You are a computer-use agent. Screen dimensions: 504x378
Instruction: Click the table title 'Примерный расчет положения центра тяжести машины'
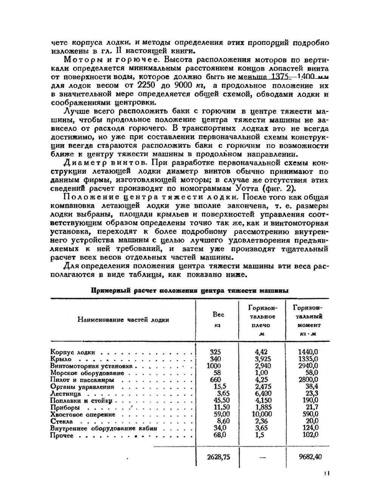pos(189,291)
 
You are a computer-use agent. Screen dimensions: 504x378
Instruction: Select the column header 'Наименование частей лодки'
pos(123,320)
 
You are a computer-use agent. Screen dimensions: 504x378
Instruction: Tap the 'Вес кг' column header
pos(218,319)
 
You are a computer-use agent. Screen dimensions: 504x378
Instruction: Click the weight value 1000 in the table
pos(214,366)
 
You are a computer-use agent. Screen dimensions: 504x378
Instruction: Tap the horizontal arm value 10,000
pos(263,414)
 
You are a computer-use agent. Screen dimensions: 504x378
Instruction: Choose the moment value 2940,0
pos(308,366)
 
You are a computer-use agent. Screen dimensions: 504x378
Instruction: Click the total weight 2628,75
pos(218,457)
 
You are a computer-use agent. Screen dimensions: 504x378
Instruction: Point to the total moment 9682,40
pos(310,457)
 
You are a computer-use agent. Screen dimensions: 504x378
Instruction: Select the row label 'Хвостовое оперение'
pos(82,415)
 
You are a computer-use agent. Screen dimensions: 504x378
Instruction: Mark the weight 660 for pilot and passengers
pos(215,380)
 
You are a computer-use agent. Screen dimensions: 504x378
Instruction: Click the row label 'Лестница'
pos(65,394)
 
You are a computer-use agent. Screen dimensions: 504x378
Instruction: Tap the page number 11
pos(327,473)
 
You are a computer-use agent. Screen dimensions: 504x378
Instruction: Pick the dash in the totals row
pos(263,457)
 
